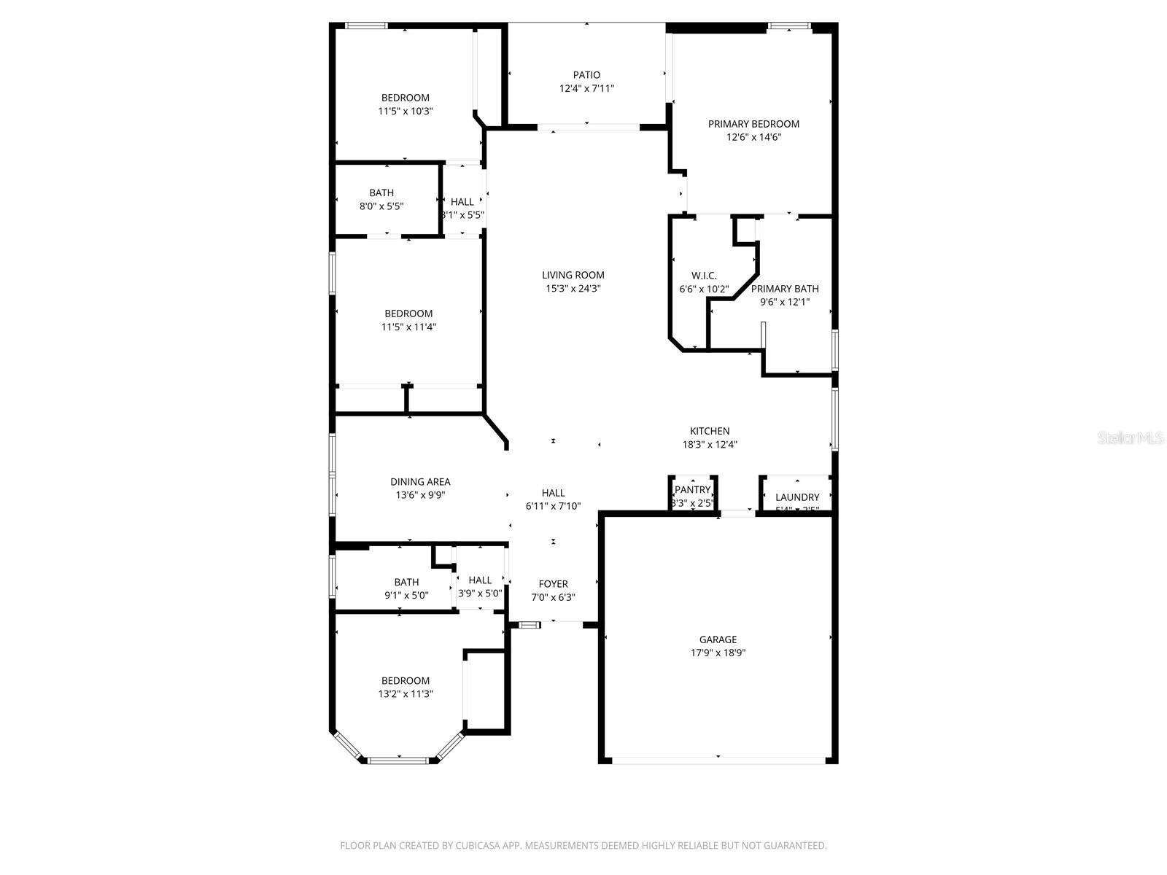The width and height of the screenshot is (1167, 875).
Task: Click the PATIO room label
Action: (586, 75)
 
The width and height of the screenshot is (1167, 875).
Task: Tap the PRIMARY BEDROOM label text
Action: (753, 124)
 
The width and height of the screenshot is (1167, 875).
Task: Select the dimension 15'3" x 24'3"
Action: (573, 289)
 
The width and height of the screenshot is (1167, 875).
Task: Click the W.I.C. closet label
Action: (704, 276)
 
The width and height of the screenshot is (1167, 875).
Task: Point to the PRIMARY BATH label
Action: (785, 289)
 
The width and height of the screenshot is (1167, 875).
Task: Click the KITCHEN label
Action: (710, 431)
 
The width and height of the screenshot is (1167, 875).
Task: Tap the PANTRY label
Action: (692, 490)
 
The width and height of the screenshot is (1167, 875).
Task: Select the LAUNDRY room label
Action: (797, 497)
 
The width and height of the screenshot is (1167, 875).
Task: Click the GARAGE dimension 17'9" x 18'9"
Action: (718, 653)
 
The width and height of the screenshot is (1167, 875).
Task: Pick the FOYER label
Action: (553, 584)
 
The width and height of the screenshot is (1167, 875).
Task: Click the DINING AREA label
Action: (420, 482)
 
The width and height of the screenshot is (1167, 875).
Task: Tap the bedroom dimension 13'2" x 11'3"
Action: (406, 694)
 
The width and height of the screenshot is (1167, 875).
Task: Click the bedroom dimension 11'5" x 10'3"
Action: (406, 112)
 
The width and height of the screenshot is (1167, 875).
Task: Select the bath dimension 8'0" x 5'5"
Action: (381, 206)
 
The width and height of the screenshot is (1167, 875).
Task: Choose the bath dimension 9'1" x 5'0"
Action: (406, 595)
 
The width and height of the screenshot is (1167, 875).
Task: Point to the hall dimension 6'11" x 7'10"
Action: (553, 506)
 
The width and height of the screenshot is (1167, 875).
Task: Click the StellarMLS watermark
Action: (1131, 438)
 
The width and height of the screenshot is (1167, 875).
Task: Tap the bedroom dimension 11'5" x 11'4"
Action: (408, 327)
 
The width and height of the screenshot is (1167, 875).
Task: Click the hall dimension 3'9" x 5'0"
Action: (480, 594)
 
